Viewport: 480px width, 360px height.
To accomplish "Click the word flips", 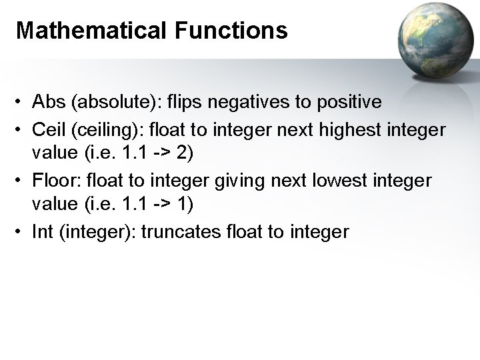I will click(185, 102).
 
